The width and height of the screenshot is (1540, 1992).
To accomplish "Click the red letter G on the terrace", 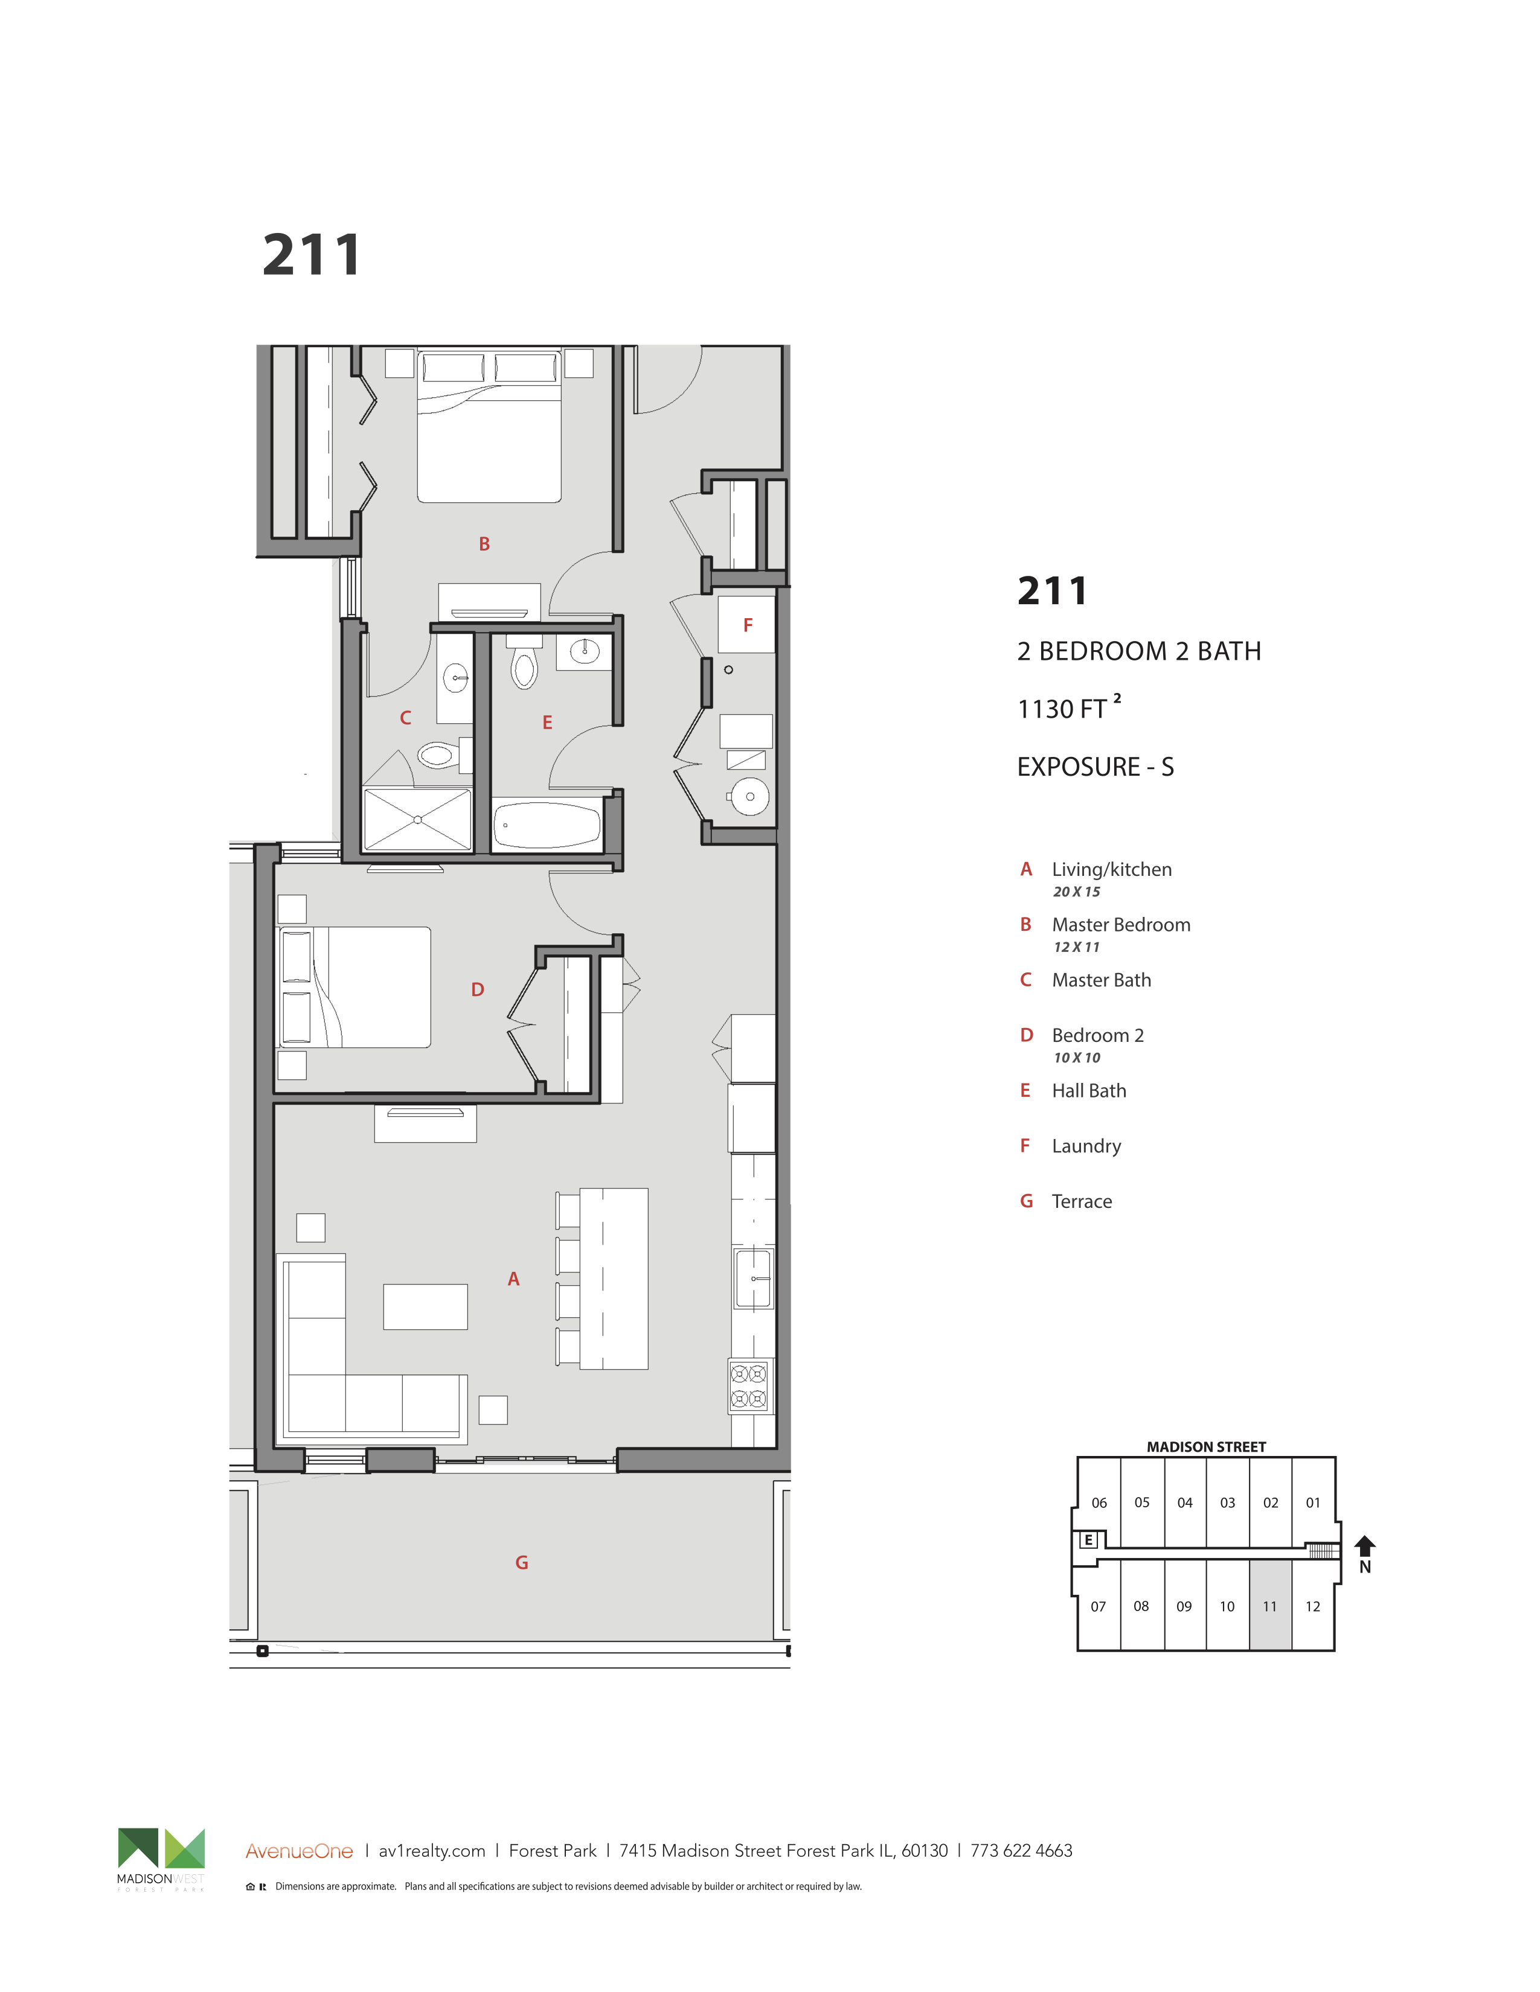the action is [x=522, y=1562].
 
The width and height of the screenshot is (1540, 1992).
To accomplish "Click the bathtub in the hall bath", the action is [x=547, y=825].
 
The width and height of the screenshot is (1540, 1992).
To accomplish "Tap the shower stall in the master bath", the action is [x=418, y=820].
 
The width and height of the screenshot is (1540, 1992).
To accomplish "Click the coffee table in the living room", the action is [x=425, y=1307].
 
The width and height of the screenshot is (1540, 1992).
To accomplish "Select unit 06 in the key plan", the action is [x=1099, y=1502].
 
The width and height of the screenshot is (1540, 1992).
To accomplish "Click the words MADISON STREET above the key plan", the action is [x=1206, y=1446].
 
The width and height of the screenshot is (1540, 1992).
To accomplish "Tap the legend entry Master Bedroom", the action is [x=1121, y=925].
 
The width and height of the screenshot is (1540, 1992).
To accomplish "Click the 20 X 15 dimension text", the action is [x=1077, y=892].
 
